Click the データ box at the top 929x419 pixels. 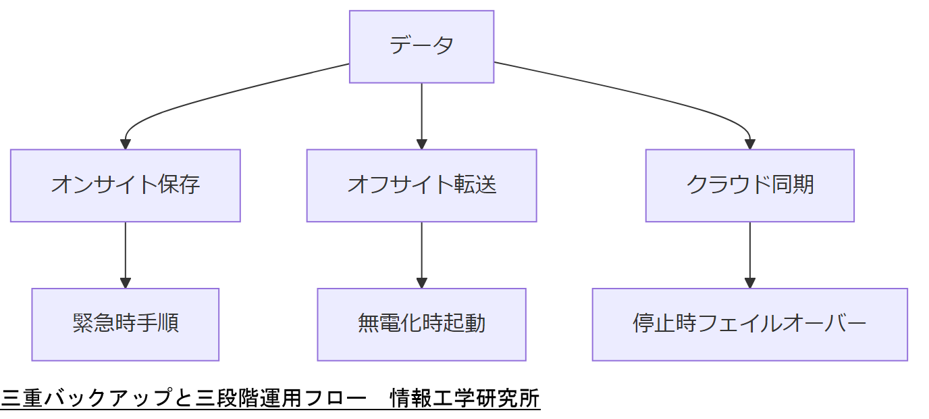421,47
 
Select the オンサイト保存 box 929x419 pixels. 126,185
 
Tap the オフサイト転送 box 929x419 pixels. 421,185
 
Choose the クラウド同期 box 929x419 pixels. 749,185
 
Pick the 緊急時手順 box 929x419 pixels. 126,324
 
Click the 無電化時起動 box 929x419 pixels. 421,324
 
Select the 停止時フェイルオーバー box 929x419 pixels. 749,324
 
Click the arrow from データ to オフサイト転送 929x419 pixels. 421,112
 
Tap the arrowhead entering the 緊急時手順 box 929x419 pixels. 126,283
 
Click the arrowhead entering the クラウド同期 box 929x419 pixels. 749,144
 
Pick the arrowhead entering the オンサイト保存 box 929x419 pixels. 126,144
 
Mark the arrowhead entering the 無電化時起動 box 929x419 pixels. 421,283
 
